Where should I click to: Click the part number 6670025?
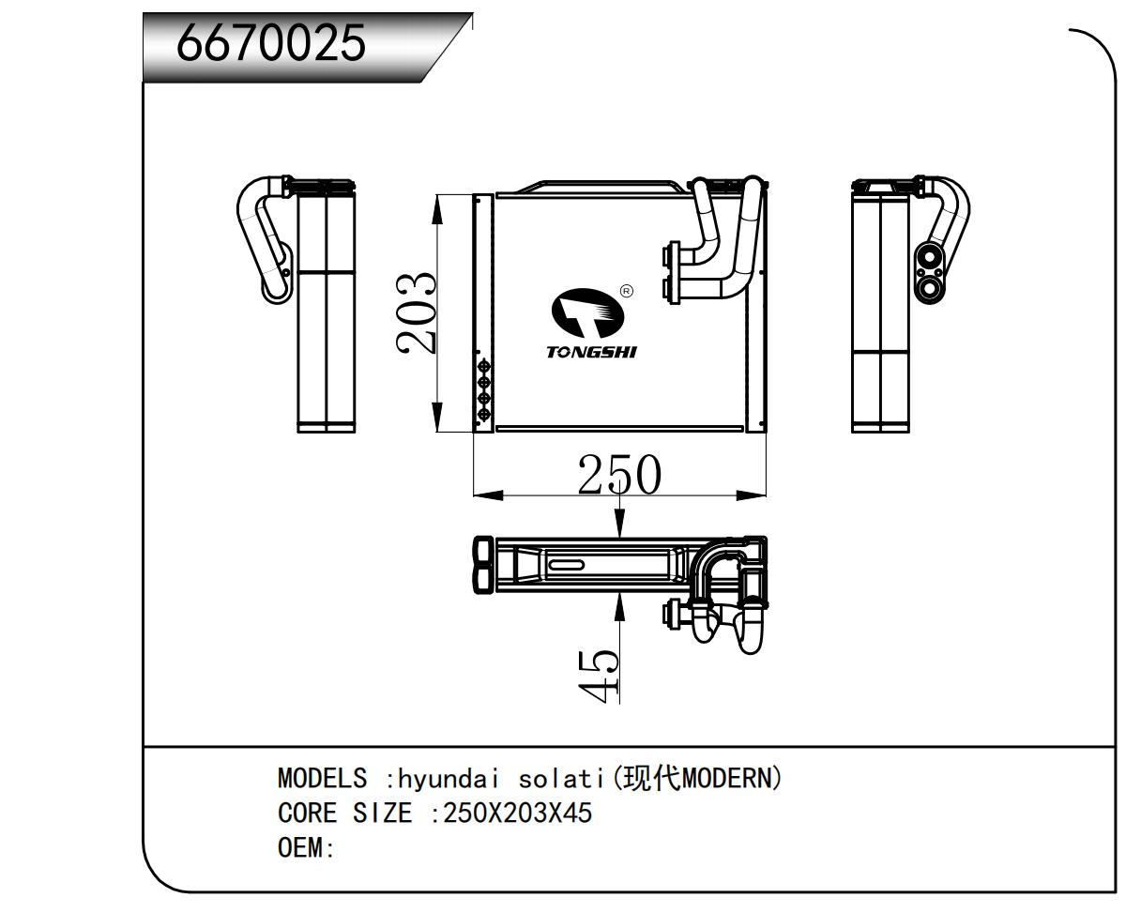coord(271,43)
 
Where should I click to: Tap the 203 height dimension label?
coord(416,312)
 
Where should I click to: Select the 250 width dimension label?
coord(618,475)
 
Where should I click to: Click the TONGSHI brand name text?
coord(591,352)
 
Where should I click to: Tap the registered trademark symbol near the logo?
coord(627,291)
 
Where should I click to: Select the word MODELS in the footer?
coord(322,779)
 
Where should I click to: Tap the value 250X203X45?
coord(517,813)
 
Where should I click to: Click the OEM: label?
coord(306,847)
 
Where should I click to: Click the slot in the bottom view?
coord(566,565)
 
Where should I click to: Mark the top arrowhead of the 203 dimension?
coord(437,208)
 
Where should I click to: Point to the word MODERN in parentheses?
coord(725,779)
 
